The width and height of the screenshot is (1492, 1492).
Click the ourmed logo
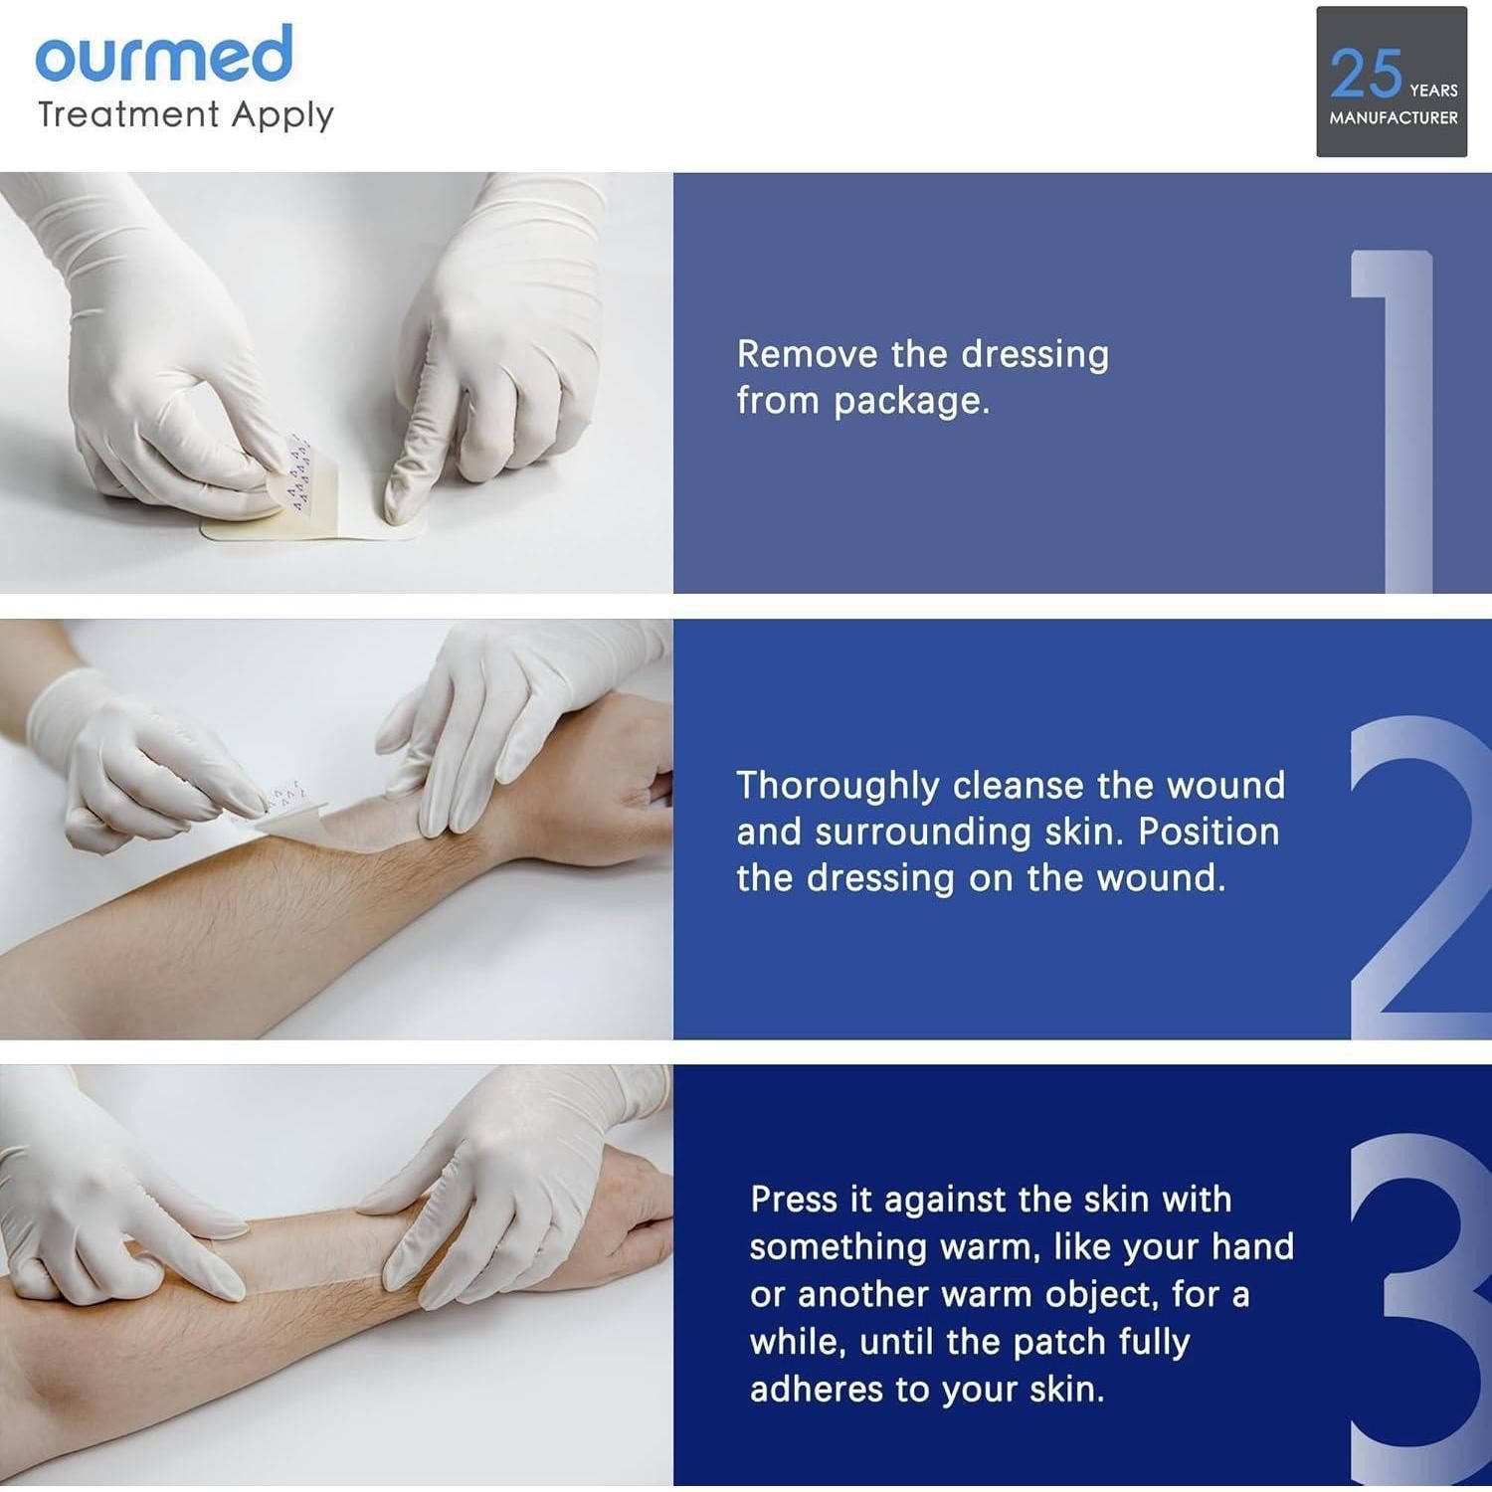click(x=164, y=54)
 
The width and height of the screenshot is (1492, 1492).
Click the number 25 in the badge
click(x=1366, y=74)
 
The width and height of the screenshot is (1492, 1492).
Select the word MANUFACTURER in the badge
click(x=1394, y=117)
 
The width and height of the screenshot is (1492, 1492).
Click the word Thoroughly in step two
click(x=838, y=787)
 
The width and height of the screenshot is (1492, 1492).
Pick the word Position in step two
click(x=1209, y=832)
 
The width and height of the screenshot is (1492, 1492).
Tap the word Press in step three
click(x=794, y=1200)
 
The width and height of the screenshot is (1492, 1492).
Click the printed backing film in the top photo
click(x=290, y=469)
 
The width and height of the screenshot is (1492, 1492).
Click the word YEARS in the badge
click(x=1433, y=91)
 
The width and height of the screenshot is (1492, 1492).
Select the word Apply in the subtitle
click(x=282, y=116)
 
